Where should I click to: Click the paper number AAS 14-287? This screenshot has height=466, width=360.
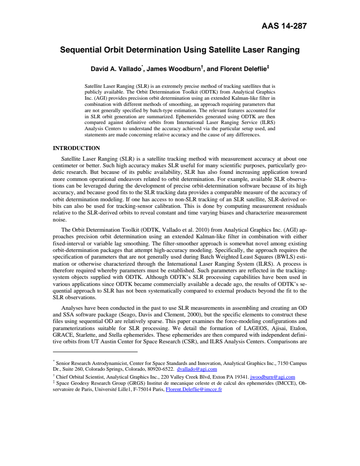(284, 26)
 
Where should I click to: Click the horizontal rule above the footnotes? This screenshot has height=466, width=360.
(95, 352)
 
